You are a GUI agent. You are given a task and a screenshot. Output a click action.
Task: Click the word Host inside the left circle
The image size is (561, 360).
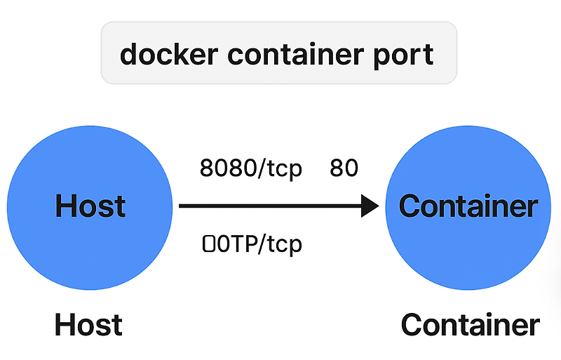tap(90, 206)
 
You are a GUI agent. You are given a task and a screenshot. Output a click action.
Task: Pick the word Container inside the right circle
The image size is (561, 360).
tap(468, 206)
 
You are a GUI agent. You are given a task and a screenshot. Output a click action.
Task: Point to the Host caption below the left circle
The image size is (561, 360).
tap(88, 325)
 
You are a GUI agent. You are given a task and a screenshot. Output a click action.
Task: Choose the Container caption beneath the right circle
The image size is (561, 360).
tap(470, 325)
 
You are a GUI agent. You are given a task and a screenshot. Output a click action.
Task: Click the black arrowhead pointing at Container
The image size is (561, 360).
tap(369, 206)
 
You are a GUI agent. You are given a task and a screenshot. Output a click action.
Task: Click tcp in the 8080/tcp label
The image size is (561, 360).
tap(284, 171)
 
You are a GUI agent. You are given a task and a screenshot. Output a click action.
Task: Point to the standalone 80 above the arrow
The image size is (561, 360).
tap(344, 169)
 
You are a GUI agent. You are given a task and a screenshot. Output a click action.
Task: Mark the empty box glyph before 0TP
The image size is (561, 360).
tap(208, 244)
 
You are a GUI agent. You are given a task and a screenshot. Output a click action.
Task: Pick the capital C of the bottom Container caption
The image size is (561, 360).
tap(412, 325)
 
